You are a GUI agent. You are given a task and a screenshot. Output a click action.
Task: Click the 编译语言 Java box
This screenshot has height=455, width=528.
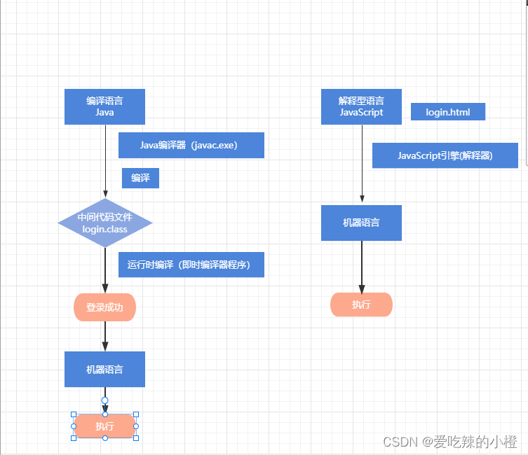(x=104, y=106)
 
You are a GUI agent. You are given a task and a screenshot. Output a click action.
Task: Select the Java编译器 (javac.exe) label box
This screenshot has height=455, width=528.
(x=191, y=146)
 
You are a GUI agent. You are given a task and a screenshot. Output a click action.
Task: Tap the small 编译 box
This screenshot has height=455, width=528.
(x=140, y=178)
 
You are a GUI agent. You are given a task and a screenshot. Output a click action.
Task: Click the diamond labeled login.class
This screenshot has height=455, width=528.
(x=104, y=223)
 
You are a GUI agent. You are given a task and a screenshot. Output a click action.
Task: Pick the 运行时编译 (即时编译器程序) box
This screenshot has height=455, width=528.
(x=191, y=265)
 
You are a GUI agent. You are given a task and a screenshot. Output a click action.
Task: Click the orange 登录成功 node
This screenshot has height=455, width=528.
(x=104, y=307)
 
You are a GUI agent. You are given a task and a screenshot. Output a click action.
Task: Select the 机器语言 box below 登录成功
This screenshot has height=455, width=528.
(x=104, y=369)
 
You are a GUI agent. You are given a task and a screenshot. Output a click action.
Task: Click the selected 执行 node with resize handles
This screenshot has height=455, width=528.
(x=104, y=426)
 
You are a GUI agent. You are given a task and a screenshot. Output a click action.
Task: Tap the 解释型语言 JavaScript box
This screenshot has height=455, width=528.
(x=361, y=106)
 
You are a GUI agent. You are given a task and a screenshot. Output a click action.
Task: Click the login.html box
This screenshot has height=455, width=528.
(x=447, y=112)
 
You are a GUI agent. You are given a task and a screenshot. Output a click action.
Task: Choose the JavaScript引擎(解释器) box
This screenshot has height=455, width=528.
(x=445, y=155)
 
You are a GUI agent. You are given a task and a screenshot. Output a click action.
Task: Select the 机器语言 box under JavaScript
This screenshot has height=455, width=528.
(x=361, y=223)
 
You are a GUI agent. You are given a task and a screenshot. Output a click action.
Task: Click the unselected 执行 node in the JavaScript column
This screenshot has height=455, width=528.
(x=361, y=304)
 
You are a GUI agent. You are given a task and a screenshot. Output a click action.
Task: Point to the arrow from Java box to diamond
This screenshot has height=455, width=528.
(x=105, y=161)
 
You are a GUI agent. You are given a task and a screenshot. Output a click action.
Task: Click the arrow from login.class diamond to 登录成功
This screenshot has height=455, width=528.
(x=105, y=269)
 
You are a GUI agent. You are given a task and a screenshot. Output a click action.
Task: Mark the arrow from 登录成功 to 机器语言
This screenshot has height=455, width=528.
(x=105, y=336)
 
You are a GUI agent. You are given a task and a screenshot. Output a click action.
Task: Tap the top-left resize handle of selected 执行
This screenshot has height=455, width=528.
(x=74, y=414)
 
